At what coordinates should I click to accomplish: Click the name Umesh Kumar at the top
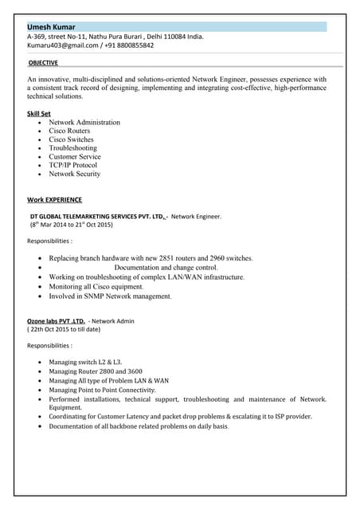(53, 26)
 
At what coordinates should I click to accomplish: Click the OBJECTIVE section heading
(43, 62)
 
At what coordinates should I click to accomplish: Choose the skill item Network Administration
(84, 123)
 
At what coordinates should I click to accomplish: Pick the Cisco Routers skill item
(71, 131)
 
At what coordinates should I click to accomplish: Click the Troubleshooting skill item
(72, 148)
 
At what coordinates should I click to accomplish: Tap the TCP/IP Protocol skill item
(72, 165)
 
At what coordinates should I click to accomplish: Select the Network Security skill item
(75, 174)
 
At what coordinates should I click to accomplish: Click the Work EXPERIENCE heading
(54, 199)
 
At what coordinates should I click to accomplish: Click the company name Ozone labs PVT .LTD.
(56, 321)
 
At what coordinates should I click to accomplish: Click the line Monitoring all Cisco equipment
(99, 287)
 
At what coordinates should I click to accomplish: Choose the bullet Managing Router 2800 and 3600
(96, 371)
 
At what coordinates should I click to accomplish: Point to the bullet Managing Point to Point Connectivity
(102, 390)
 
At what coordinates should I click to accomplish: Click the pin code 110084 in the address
(172, 36)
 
